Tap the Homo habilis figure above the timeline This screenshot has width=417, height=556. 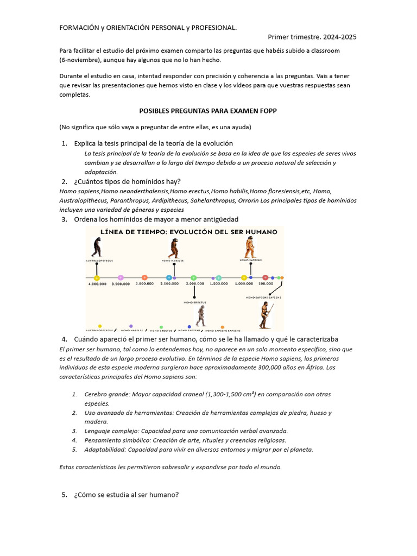click(x=174, y=248)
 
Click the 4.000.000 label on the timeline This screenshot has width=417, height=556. click(x=97, y=283)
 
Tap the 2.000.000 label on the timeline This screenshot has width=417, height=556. click(x=194, y=283)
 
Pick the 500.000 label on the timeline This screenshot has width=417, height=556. click(x=266, y=283)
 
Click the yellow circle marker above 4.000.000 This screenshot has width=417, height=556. click(x=97, y=277)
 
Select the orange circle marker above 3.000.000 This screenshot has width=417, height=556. click(x=145, y=277)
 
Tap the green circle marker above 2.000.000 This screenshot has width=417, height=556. click(x=194, y=277)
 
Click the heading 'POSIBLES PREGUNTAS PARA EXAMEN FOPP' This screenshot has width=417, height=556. click(x=208, y=111)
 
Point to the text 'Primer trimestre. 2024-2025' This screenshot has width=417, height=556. click(x=312, y=37)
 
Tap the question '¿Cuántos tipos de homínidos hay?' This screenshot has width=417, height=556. click(x=127, y=181)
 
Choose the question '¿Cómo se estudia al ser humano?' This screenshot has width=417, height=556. click(x=126, y=495)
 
